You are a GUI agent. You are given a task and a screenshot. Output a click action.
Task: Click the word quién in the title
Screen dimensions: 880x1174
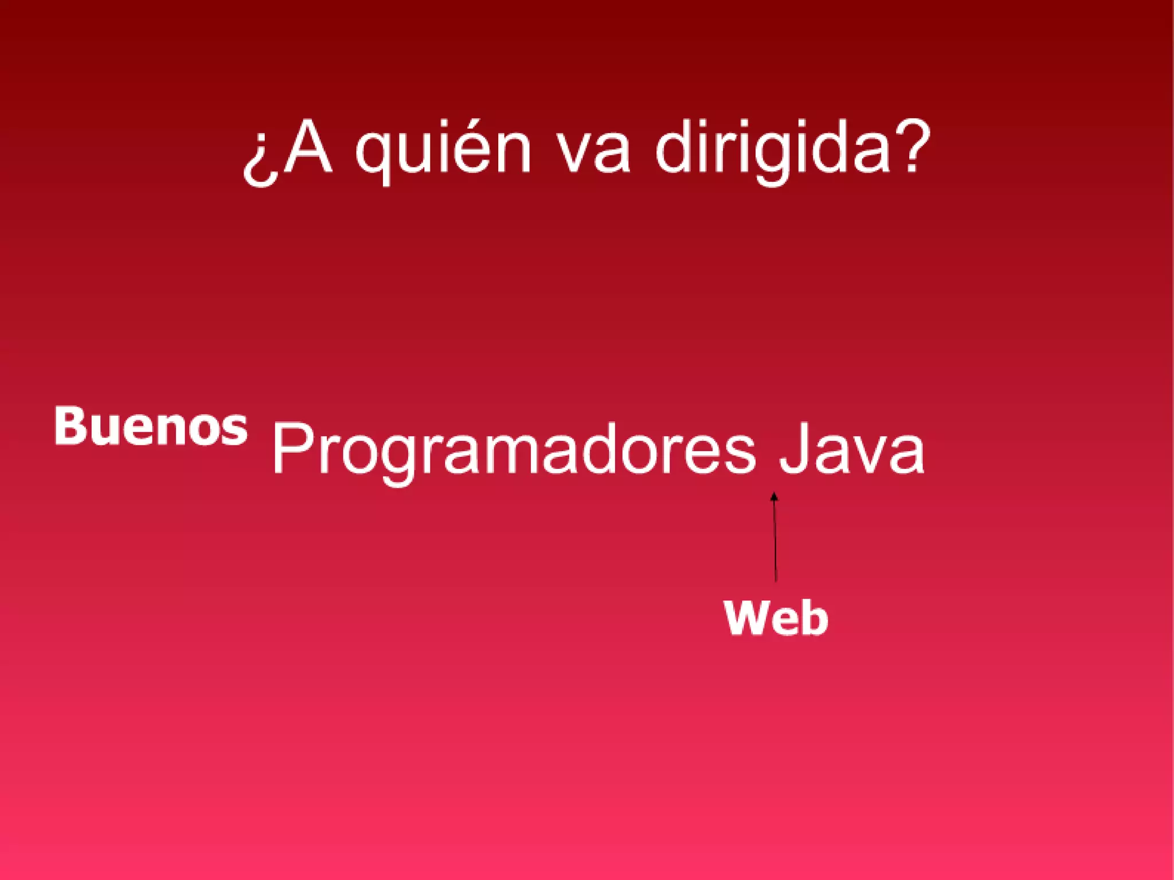point(443,150)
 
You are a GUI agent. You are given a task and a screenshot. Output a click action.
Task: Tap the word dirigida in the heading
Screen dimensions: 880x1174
point(772,150)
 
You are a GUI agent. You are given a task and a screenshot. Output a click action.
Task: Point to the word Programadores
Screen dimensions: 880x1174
point(514,450)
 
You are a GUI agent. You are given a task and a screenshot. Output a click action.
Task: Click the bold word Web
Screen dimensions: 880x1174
point(776,617)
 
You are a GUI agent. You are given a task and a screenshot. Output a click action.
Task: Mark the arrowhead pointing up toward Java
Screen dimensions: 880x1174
point(774,496)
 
